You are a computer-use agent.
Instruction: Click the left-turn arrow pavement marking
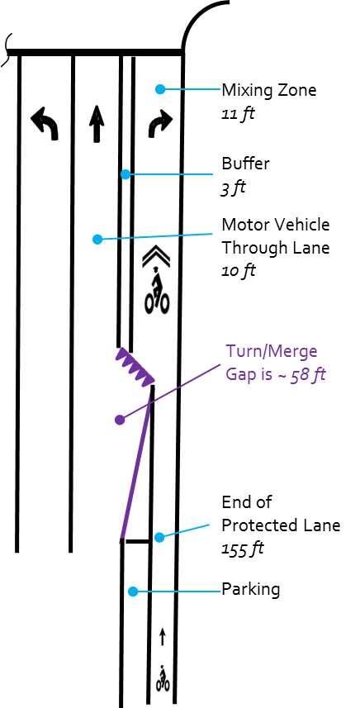pyautogui.click(x=45, y=123)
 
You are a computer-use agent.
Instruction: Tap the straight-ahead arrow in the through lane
pyautogui.click(x=96, y=124)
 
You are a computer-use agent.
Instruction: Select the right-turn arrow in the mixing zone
pyautogui.click(x=159, y=123)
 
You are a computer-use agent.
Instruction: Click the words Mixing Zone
pyautogui.click(x=269, y=90)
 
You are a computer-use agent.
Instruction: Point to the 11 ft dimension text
pyautogui.click(x=238, y=114)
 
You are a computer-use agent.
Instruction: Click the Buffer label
pyautogui.click(x=245, y=163)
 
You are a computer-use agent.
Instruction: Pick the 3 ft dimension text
pyautogui.click(x=233, y=188)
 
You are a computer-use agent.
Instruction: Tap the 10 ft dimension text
pyautogui.click(x=238, y=271)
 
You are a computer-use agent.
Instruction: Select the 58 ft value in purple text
pyautogui.click(x=307, y=375)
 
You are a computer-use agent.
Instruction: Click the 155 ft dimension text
pyautogui.click(x=243, y=549)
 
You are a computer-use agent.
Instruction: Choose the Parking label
pyautogui.click(x=250, y=590)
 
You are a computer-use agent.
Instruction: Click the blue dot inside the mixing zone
pyautogui.click(x=159, y=89)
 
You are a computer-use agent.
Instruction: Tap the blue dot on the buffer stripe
pyautogui.click(x=126, y=173)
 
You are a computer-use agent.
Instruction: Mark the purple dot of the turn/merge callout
pyautogui.click(x=120, y=420)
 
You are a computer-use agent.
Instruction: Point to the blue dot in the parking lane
pyautogui.click(x=133, y=591)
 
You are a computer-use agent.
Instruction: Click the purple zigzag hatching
pyautogui.click(x=135, y=367)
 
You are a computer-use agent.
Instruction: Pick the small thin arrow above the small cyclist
pyautogui.click(x=163, y=637)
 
